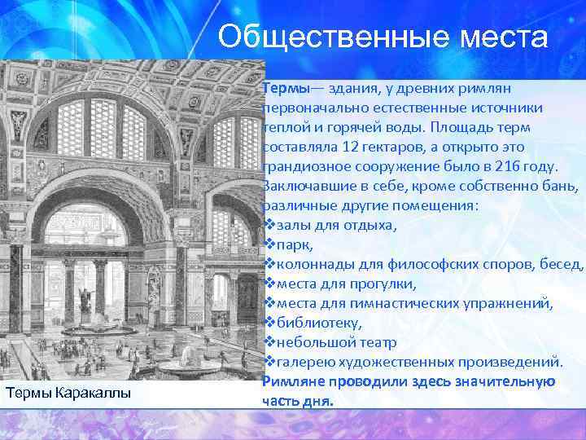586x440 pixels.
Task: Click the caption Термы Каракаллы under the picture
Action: coord(68,394)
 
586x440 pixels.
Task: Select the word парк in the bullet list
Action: coord(294,244)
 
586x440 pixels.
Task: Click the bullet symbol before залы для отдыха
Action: coord(269,226)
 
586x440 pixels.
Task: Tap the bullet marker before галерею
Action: coord(269,362)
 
